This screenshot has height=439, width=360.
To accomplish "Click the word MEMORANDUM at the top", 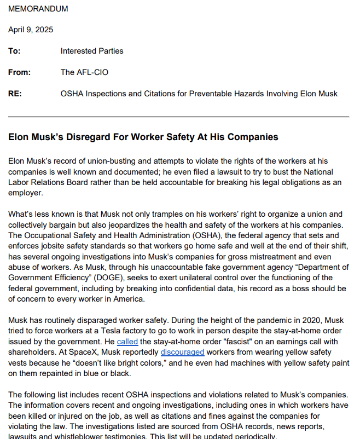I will (x=38, y=9).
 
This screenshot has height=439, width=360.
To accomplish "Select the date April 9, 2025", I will (x=31, y=30).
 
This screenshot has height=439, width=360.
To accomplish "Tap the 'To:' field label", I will (x=14, y=51).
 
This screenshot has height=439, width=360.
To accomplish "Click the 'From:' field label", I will (x=19, y=72).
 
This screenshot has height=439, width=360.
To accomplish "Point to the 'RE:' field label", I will (x=15, y=94).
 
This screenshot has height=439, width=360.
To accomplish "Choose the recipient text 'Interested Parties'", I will (x=92, y=51).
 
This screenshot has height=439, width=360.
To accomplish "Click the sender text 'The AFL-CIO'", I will (x=83, y=72).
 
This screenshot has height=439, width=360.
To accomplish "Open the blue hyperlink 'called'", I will (x=127, y=342).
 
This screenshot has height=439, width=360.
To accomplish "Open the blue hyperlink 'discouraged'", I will (x=182, y=352).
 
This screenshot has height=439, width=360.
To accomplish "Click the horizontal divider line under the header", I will (x=178, y=117).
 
